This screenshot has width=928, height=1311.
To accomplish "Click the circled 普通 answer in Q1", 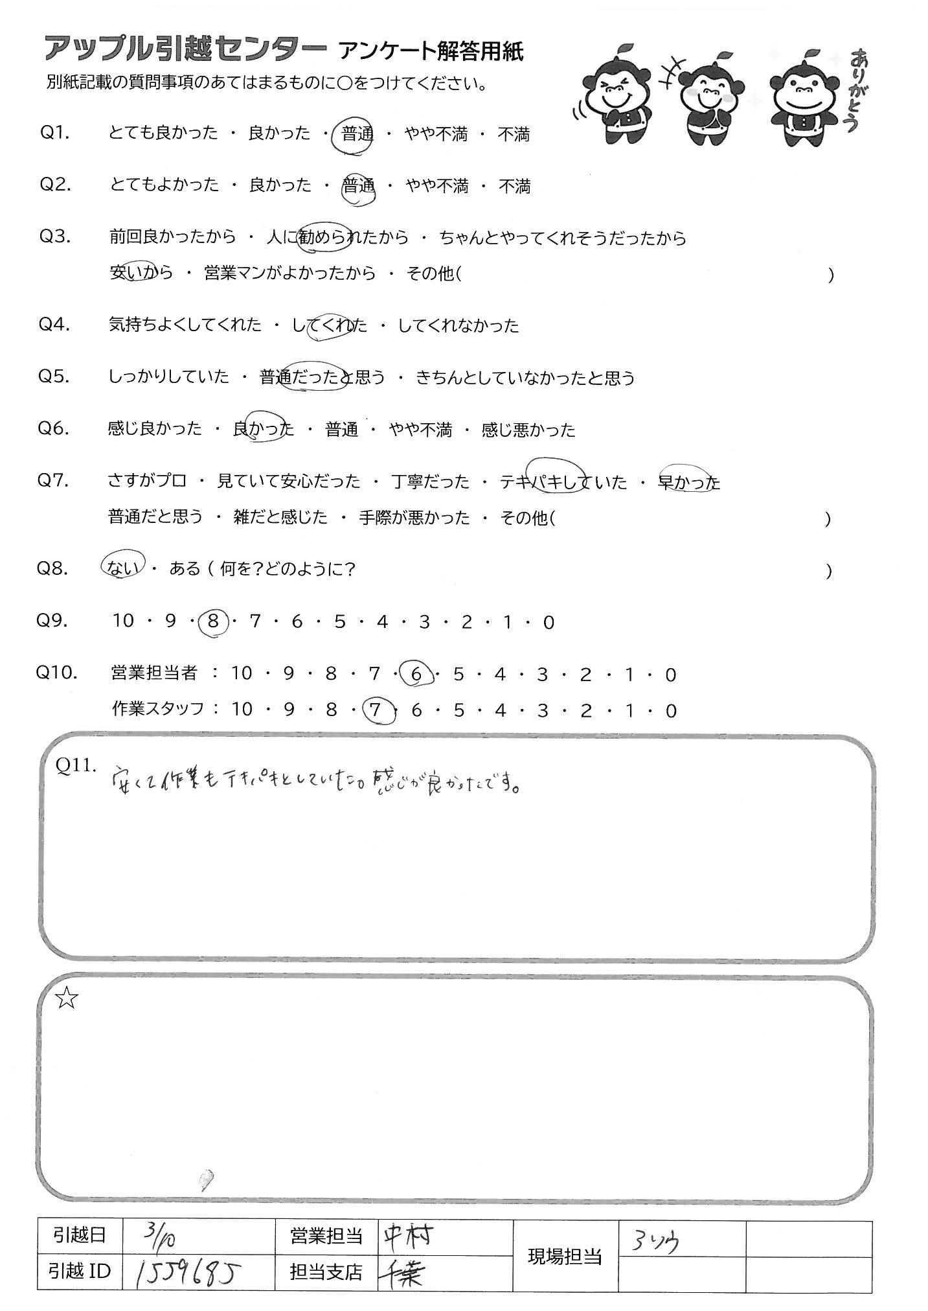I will click(357, 135).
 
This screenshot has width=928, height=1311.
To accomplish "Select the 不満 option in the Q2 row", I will click(514, 187).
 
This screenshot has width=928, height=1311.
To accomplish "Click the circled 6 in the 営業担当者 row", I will click(416, 675).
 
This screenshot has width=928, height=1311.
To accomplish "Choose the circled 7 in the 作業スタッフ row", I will click(374, 711).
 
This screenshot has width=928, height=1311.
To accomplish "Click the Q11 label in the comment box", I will click(76, 766).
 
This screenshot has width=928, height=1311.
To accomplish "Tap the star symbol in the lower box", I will click(67, 1000).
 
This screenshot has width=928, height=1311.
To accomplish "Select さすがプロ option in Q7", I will click(147, 481).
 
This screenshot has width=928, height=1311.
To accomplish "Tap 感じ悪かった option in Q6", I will click(528, 430).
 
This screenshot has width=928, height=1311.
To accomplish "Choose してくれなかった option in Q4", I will click(458, 325).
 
